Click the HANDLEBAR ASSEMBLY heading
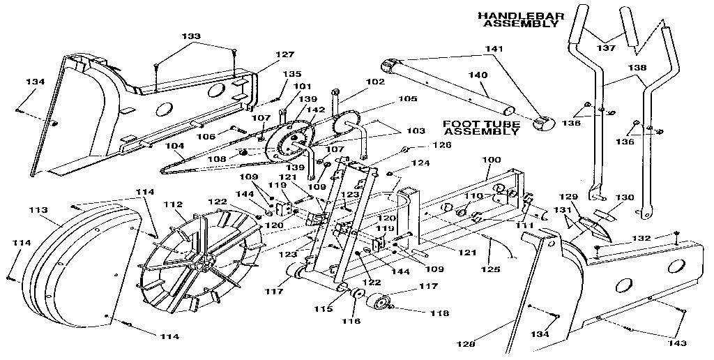tap(519, 19)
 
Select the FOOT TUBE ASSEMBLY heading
tap(480, 128)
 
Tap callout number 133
tap(190, 36)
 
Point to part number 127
tap(265, 54)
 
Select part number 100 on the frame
tap(492, 160)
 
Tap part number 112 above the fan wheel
tap(171, 204)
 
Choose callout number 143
tap(676, 343)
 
